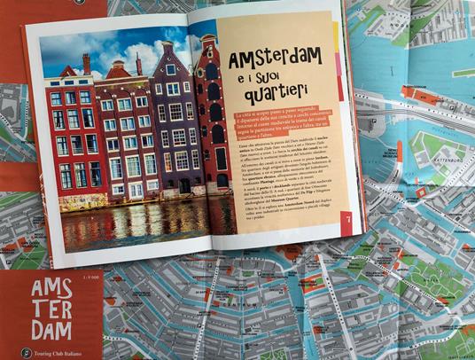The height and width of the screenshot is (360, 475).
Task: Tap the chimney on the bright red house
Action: pyautogui.click(x=86, y=64)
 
